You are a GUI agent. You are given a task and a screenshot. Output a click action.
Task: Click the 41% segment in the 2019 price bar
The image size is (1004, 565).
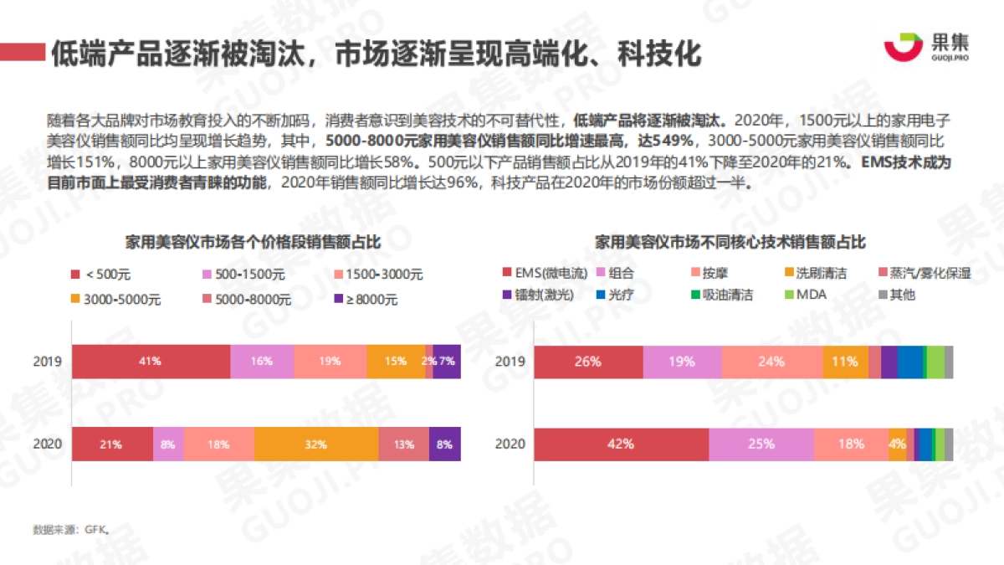point(151,361)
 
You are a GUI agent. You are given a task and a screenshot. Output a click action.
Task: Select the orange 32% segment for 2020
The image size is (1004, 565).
point(316,444)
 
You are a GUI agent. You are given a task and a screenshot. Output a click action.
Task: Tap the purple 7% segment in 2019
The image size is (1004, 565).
point(447,361)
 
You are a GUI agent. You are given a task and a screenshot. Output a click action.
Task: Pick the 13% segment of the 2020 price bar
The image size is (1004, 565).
point(403,444)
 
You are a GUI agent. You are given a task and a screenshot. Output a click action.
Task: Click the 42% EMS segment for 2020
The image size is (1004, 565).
point(621,444)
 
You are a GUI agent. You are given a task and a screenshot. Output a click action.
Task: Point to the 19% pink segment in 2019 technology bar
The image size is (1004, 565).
point(682,362)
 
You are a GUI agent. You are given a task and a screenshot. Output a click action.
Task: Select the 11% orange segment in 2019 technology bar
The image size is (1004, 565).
point(845,362)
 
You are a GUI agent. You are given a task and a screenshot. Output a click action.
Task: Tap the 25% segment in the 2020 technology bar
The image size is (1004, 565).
point(761,444)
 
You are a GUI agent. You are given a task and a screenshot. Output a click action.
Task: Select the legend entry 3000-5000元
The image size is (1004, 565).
point(113,299)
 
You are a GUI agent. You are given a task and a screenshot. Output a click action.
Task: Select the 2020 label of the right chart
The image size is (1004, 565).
point(510,444)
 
